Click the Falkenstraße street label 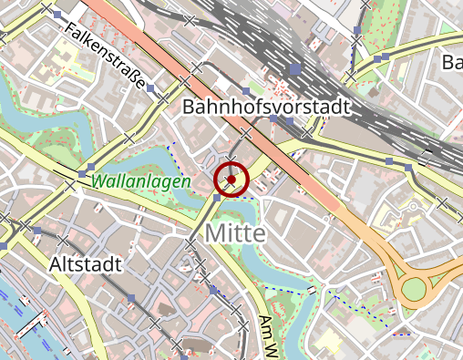pyautogui.click(x=108, y=56)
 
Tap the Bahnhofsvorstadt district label pyautogui.click(x=266, y=107)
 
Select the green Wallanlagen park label pyautogui.click(x=140, y=181)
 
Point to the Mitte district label pyautogui.click(x=235, y=233)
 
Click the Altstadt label pyautogui.click(x=84, y=264)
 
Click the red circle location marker pyautogui.click(x=231, y=180)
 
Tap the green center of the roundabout pyautogui.click(x=414, y=290)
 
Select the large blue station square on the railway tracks pyautogui.click(x=294, y=68)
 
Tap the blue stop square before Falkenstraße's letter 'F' pyautogui.click(x=59, y=16)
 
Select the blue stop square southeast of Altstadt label pyautogui.click(x=131, y=298)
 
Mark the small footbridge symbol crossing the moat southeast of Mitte pyautogui.click(x=311, y=290)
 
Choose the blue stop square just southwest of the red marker pyautogui.click(x=215, y=196)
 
